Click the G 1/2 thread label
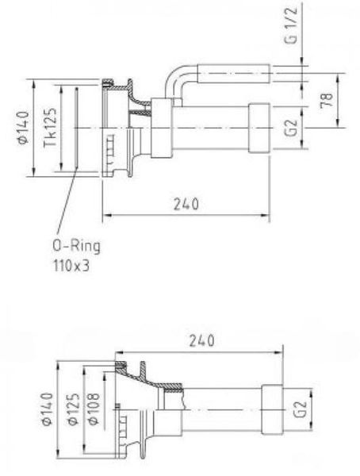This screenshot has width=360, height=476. [291, 25]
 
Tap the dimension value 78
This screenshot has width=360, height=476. [327, 100]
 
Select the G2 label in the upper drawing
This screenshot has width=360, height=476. [291, 128]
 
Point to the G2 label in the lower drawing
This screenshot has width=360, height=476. [301, 409]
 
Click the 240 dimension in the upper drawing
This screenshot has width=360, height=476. [186, 204]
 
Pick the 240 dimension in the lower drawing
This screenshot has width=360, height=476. [202, 340]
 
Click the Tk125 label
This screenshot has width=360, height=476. [50, 128]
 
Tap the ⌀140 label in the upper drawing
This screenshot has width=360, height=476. [23, 127]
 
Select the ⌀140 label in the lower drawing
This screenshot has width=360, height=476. [47, 409]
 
